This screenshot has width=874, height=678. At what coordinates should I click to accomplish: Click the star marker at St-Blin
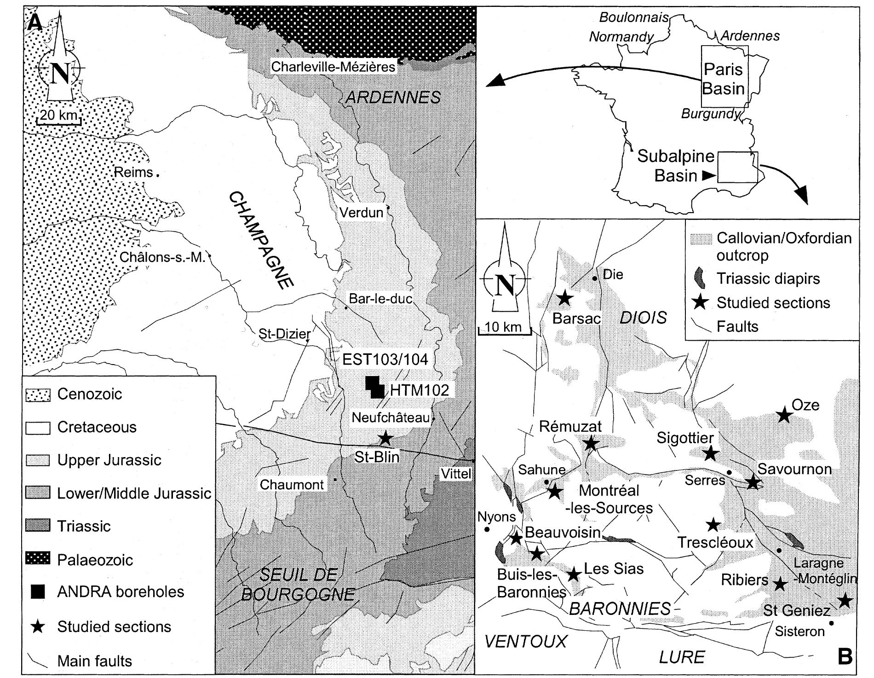[385, 438]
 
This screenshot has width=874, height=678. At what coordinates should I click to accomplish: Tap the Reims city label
[134, 172]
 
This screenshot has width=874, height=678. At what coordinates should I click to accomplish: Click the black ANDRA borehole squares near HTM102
[374, 387]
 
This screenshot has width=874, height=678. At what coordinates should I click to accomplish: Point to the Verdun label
[362, 212]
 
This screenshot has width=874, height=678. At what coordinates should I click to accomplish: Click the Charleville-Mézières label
[333, 67]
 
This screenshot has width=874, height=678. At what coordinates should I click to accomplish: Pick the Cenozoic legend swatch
[37, 394]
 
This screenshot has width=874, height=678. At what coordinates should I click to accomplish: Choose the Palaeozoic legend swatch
[37, 560]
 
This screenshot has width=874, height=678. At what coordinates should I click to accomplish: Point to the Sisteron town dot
[831, 624]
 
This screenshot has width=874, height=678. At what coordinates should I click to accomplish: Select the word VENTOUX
[526, 641]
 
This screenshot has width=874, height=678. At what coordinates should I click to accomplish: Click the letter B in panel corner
[845, 657]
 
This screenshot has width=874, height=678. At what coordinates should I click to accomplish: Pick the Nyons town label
[496, 516]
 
